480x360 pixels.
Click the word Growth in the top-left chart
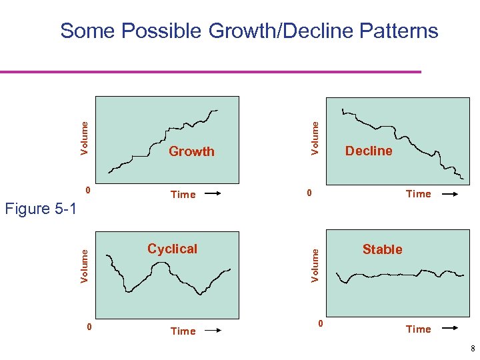tap(191, 151)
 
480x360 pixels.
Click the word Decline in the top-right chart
tap(369, 151)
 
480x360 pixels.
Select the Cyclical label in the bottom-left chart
tap(172, 249)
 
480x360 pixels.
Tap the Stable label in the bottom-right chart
tap(382, 249)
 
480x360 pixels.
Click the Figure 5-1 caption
tap(41, 209)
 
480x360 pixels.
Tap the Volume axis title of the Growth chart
tap(85, 137)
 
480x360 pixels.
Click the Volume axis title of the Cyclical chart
tap(85, 265)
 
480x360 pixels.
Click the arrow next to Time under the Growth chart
tap(213, 195)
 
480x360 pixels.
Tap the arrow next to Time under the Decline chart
tap(449, 194)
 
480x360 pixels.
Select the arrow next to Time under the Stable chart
tap(449, 329)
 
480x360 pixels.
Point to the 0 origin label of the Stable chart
tap(320, 324)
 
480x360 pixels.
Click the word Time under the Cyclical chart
tap(183, 331)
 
